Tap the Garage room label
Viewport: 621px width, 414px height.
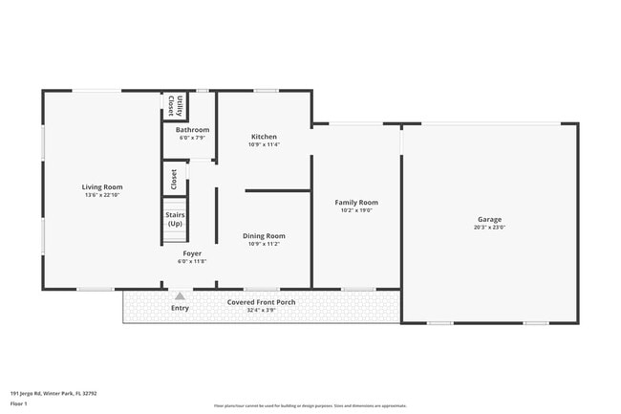[488, 219]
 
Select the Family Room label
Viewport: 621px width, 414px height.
[355, 203]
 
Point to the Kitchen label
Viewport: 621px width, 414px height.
[264, 136]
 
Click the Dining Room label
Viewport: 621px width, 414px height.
[267, 235]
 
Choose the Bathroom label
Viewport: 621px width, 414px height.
[192, 130]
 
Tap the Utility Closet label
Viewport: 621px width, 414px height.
[174, 105]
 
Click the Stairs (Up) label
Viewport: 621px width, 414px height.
[175, 219]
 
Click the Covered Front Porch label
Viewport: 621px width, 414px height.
[261, 302]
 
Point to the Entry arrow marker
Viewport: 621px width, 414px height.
[179, 296]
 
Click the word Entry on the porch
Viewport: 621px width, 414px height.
[180, 308]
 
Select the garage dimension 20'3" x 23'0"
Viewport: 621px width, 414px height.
[488, 228]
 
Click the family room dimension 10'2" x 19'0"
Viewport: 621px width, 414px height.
[355, 210]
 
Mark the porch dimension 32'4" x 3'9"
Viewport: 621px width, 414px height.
[261, 310]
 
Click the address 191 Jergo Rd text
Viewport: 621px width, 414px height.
[54, 392]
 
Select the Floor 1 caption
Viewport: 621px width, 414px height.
[20, 404]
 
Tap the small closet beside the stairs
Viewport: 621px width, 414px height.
[174, 179]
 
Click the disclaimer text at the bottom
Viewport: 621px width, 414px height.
[310, 406]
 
